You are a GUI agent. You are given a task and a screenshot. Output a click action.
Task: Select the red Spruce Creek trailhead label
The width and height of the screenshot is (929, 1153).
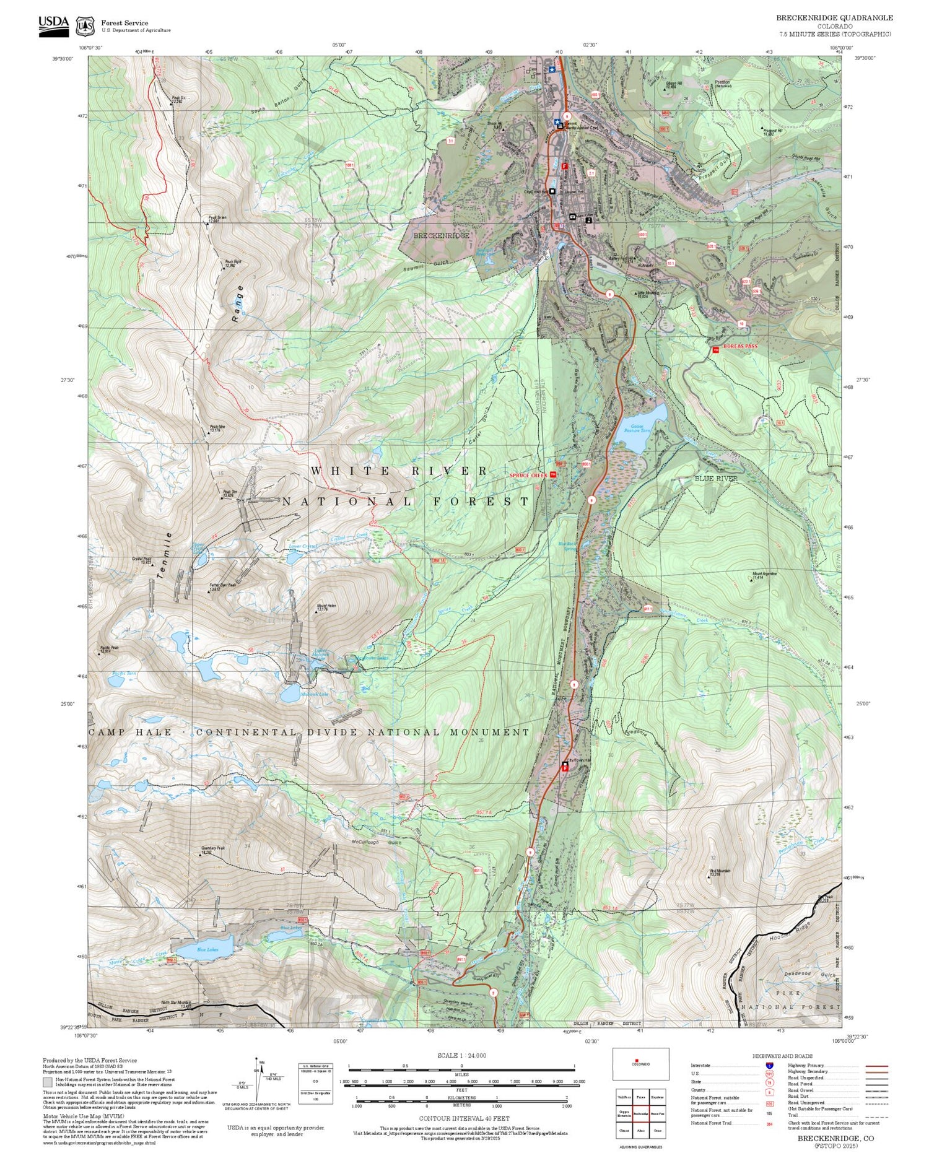coord(528,475)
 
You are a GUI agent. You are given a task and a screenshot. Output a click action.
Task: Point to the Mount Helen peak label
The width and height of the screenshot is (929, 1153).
coord(326,607)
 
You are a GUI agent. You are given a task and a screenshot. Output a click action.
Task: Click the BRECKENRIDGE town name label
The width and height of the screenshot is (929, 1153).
coord(441,236)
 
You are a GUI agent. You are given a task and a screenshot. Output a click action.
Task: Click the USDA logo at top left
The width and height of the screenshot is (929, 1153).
coord(53,25)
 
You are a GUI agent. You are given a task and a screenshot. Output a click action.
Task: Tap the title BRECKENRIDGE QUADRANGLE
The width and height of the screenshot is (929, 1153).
coord(834,18)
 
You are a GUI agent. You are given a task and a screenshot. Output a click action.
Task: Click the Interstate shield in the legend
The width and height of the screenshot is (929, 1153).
coord(769,1066)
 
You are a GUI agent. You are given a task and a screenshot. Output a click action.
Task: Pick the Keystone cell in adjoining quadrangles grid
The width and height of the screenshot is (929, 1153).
coord(657,1097)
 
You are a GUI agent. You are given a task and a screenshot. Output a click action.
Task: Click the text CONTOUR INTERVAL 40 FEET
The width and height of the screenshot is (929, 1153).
coord(464,1118)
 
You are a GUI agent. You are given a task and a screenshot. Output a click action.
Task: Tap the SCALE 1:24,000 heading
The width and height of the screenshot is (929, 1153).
coord(461,1055)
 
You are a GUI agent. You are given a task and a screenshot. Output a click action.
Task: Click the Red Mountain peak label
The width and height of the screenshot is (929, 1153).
coord(719,872)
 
